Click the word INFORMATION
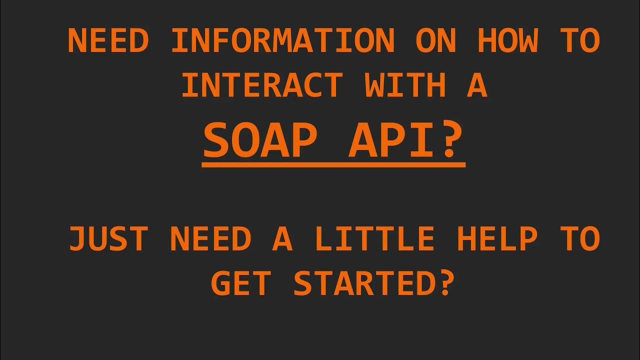coord(283,41)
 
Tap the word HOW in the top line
coord(508,41)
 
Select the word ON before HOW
coord(436,41)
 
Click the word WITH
coord(405,85)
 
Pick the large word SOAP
coord(260,141)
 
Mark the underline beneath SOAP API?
coord(333,164)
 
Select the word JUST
coord(108,239)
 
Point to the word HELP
coord(497,239)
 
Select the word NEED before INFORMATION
coord(108,41)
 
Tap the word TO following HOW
coord(580,41)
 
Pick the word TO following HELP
coord(580,239)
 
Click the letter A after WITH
coord(476,85)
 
